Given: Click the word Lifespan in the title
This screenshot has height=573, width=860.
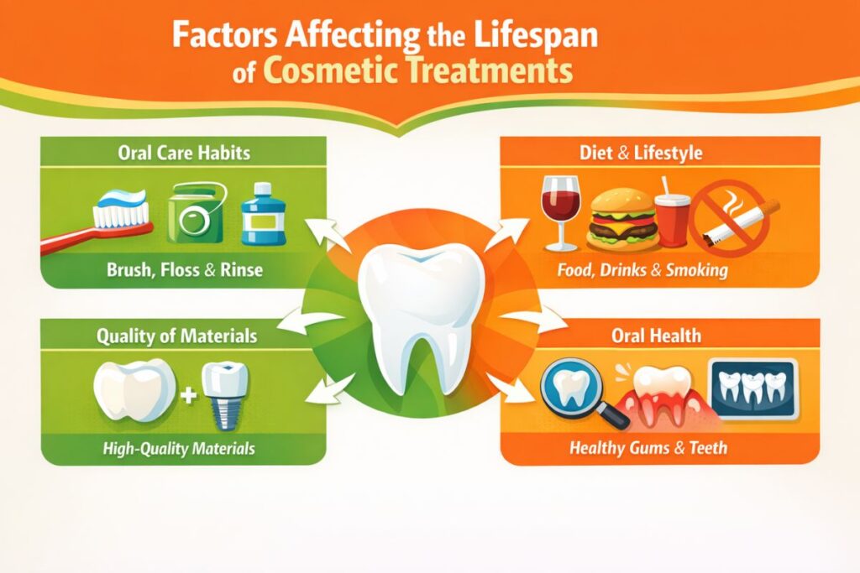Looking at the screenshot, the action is click(x=536, y=35).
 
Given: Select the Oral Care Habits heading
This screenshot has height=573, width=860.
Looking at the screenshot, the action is click(x=184, y=153).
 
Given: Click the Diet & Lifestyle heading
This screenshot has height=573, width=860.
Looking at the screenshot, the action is click(x=641, y=153).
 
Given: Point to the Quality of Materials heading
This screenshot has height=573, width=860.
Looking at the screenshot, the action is click(x=176, y=336).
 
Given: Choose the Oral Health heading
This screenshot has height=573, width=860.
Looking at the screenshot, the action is click(x=656, y=336).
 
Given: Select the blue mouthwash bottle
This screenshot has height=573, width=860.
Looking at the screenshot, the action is click(x=263, y=214).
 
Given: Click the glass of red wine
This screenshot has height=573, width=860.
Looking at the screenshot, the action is click(x=560, y=212).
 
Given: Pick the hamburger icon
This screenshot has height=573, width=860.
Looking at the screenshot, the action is click(x=622, y=219).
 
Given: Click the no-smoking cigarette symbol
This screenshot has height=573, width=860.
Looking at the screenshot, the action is click(x=731, y=217).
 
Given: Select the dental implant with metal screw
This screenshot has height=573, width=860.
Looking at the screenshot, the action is click(x=225, y=395).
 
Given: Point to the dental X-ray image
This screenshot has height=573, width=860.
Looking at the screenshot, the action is click(x=752, y=388).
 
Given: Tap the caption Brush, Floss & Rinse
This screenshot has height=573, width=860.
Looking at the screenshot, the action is click(x=184, y=270).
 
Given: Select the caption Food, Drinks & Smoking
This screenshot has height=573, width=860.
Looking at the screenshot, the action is click(x=642, y=270).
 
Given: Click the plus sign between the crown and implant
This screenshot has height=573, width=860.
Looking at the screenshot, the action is click(x=188, y=395).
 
